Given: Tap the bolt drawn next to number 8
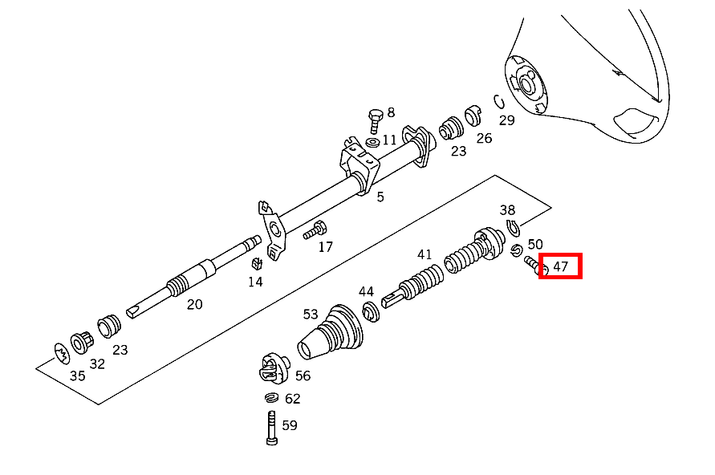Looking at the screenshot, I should [x=375, y=121].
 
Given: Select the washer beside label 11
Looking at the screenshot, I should [x=372, y=142].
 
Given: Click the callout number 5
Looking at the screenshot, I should [x=380, y=197].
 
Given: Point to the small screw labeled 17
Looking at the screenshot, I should [x=313, y=233].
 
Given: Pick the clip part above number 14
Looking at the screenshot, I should [x=258, y=263].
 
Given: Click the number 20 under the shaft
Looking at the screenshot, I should [x=194, y=304].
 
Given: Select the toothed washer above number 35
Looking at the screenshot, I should [x=60, y=351].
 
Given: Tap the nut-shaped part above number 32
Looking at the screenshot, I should [x=83, y=342].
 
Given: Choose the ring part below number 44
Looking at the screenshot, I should [x=370, y=311].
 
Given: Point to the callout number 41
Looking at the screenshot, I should [x=425, y=255].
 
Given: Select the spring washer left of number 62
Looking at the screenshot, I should [x=270, y=398].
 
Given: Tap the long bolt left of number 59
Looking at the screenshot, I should [x=270, y=427].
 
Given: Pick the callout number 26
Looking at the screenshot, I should [x=484, y=138].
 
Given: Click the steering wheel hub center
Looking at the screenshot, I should [x=527, y=83].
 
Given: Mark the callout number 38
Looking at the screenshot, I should [x=507, y=210].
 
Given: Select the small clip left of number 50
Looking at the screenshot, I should [x=516, y=251].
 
